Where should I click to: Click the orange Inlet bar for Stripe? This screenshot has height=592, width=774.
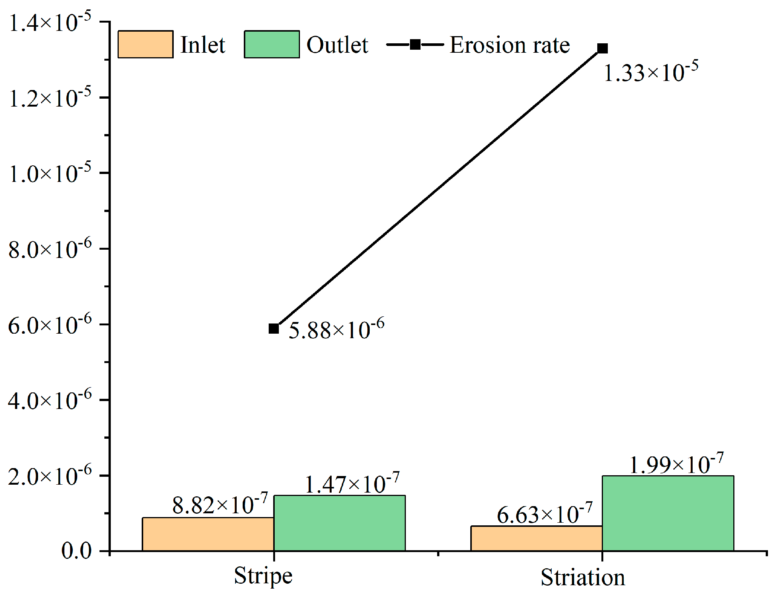pyautogui.click(x=208, y=534)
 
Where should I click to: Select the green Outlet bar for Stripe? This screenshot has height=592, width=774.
pyautogui.click(x=339, y=523)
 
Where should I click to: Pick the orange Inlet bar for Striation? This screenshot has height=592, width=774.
pyautogui.click(x=536, y=539)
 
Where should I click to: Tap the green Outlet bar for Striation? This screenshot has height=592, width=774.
pyautogui.click(x=668, y=513)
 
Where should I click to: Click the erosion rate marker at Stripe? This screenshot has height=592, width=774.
pyautogui.click(x=274, y=328)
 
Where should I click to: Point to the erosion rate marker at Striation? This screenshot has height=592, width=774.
pyautogui.click(x=602, y=49)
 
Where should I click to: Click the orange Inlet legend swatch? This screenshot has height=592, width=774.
pyautogui.click(x=145, y=44)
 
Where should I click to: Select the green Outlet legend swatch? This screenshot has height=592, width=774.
pyautogui.click(x=272, y=44)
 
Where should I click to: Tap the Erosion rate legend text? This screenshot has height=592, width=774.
pyautogui.click(x=509, y=45)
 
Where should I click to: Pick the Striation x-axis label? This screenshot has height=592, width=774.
pyautogui.click(x=583, y=577)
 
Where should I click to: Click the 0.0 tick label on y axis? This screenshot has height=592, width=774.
pyautogui.click(x=76, y=551)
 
